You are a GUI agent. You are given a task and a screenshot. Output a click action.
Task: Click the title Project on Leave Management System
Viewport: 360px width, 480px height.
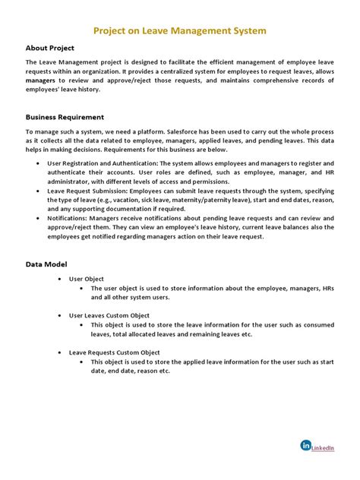(x=179, y=32)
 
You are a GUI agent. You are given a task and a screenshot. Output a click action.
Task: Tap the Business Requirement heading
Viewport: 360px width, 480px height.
(x=65, y=118)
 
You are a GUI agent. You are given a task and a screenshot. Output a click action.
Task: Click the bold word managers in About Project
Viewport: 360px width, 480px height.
(x=40, y=79)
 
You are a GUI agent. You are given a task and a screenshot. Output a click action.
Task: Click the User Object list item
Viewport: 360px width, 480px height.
(x=87, y=279)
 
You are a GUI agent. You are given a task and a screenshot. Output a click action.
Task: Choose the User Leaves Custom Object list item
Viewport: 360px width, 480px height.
(x=109, y=315)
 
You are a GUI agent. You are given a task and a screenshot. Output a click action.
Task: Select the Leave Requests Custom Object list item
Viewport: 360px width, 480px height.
(x=114, y=352)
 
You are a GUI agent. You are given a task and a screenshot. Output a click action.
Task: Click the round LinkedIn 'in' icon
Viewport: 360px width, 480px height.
(x=306, y=446)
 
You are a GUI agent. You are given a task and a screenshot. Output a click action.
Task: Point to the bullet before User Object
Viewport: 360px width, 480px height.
(x=61, y=279)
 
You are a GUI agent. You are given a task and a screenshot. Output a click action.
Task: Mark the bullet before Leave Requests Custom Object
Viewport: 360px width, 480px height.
(x=61, y=352)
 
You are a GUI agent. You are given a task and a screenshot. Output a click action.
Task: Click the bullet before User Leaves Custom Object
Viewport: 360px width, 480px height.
(x=61, y=315)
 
